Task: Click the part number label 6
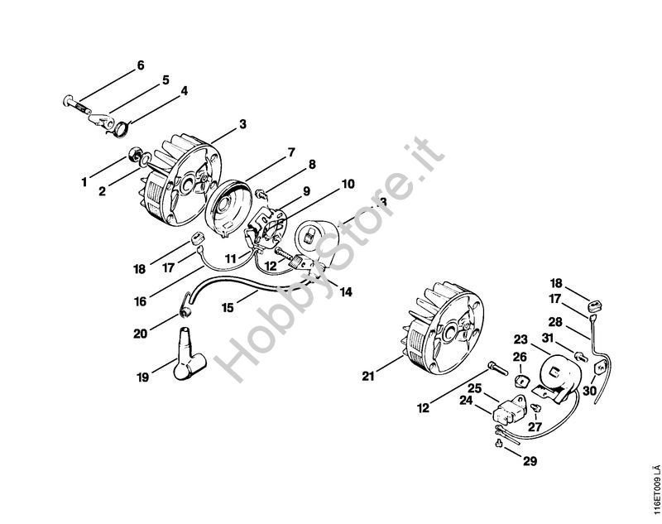click(x=139, y=65)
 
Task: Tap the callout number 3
click(x=242, y=124)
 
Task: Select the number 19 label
click(x=144, y=377)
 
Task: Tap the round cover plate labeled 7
click(x=232, y=202)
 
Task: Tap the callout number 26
click(x=520, y=357)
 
